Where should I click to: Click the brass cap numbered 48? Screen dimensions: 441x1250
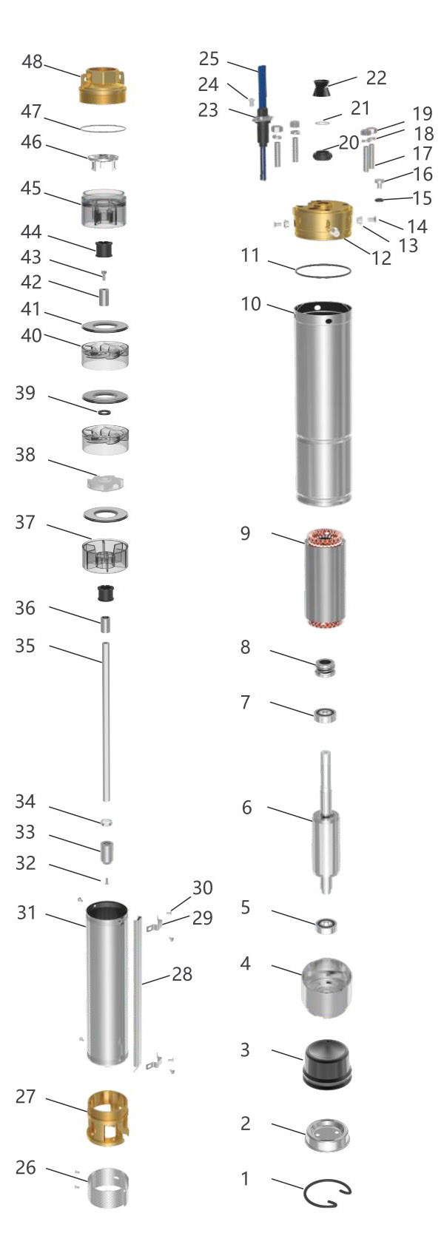tap(106, 85)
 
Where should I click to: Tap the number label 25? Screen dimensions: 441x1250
tap(209, 58)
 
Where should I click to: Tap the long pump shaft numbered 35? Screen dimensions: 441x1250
tap(106, 722)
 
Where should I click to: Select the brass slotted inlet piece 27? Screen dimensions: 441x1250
tap(108, 1118)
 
